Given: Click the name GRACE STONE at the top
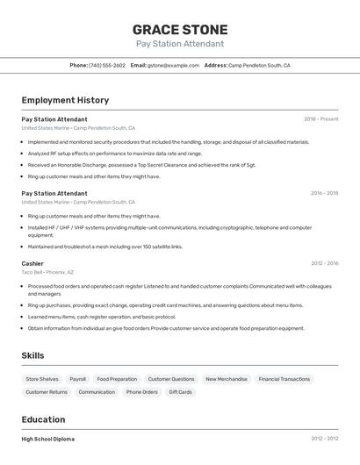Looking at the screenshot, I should coord(180,30).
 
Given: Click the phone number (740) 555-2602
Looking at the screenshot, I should coord(107,65).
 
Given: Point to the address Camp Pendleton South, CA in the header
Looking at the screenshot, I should coord(259,65).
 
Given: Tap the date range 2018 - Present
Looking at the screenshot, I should coord(320,118).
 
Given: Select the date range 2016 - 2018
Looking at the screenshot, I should coord(324,193).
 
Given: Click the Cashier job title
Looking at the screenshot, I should coord(32,263).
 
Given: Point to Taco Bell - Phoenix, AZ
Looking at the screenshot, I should coord(47,272).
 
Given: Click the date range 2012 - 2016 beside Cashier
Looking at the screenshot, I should coord(324,263).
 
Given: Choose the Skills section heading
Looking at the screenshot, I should coord(32,355).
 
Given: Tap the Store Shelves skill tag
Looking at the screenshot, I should coord(42,379).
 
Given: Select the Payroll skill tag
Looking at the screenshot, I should coord(78,379).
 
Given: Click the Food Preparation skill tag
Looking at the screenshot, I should coord(117,379).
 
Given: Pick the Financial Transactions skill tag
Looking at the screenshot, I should coord(284,379).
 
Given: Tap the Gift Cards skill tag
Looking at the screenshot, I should coord(180,392).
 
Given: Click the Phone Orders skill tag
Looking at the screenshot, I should coord(141,392).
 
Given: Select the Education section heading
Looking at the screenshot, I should coord(43,419).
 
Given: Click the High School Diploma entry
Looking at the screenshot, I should coord(48,439).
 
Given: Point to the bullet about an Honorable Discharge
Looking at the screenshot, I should coord(140,164).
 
